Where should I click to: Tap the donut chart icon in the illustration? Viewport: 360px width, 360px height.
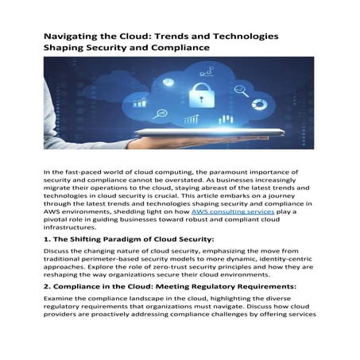[257, 103]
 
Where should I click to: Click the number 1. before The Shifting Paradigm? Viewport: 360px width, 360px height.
[48, 238]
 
